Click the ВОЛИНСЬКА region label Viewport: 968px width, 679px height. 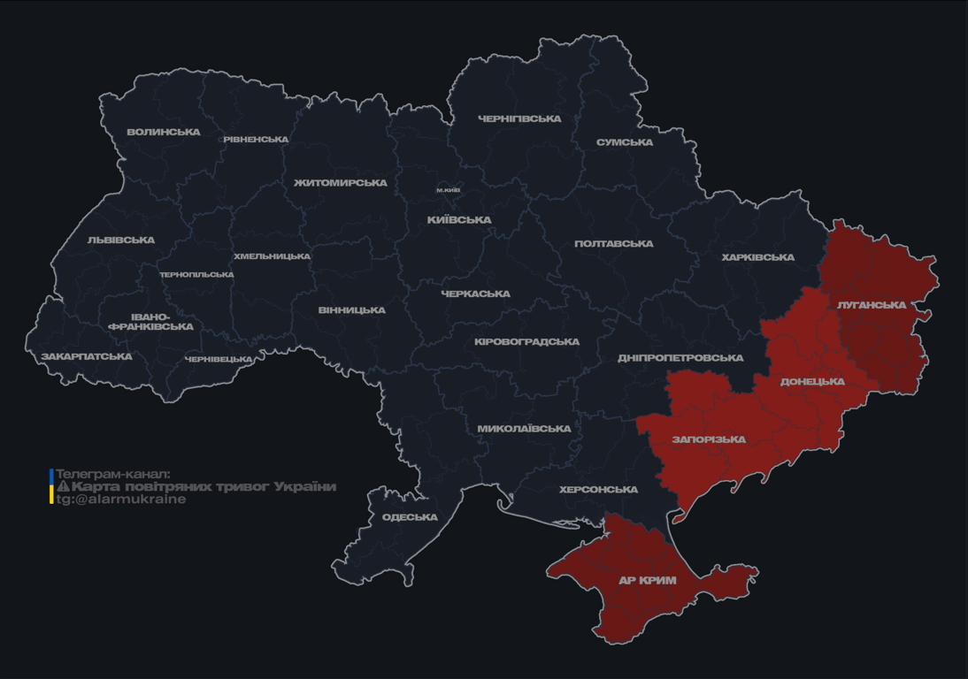(164, 133)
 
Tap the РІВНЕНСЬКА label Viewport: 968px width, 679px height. (256, 140)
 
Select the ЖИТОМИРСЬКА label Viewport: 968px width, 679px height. (341, 183)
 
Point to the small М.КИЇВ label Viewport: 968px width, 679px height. (449, 190)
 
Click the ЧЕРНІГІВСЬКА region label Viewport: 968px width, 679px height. (519, 118)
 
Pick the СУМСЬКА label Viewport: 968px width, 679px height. (625, 142)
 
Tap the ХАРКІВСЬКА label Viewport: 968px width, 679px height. (757, 257)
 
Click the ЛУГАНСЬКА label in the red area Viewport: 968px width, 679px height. (872, 305)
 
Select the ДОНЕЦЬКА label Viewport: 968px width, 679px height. (812, 382)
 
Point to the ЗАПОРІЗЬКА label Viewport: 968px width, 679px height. (709, 439)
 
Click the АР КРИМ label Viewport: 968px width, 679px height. (648, 581)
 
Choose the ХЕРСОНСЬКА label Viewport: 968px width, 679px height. (598, 490)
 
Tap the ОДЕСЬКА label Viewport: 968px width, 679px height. (410, 517)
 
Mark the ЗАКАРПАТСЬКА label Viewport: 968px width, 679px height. (86, 357)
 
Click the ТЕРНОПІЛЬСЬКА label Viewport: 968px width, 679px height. (196, 275)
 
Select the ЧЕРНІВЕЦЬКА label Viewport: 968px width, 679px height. (219, 360)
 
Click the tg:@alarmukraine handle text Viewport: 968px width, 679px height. (121, 500)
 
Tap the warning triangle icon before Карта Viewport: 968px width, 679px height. (63, 487)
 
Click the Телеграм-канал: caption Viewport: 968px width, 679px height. (112, 474)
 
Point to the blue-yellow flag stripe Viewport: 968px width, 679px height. (51, 486)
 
